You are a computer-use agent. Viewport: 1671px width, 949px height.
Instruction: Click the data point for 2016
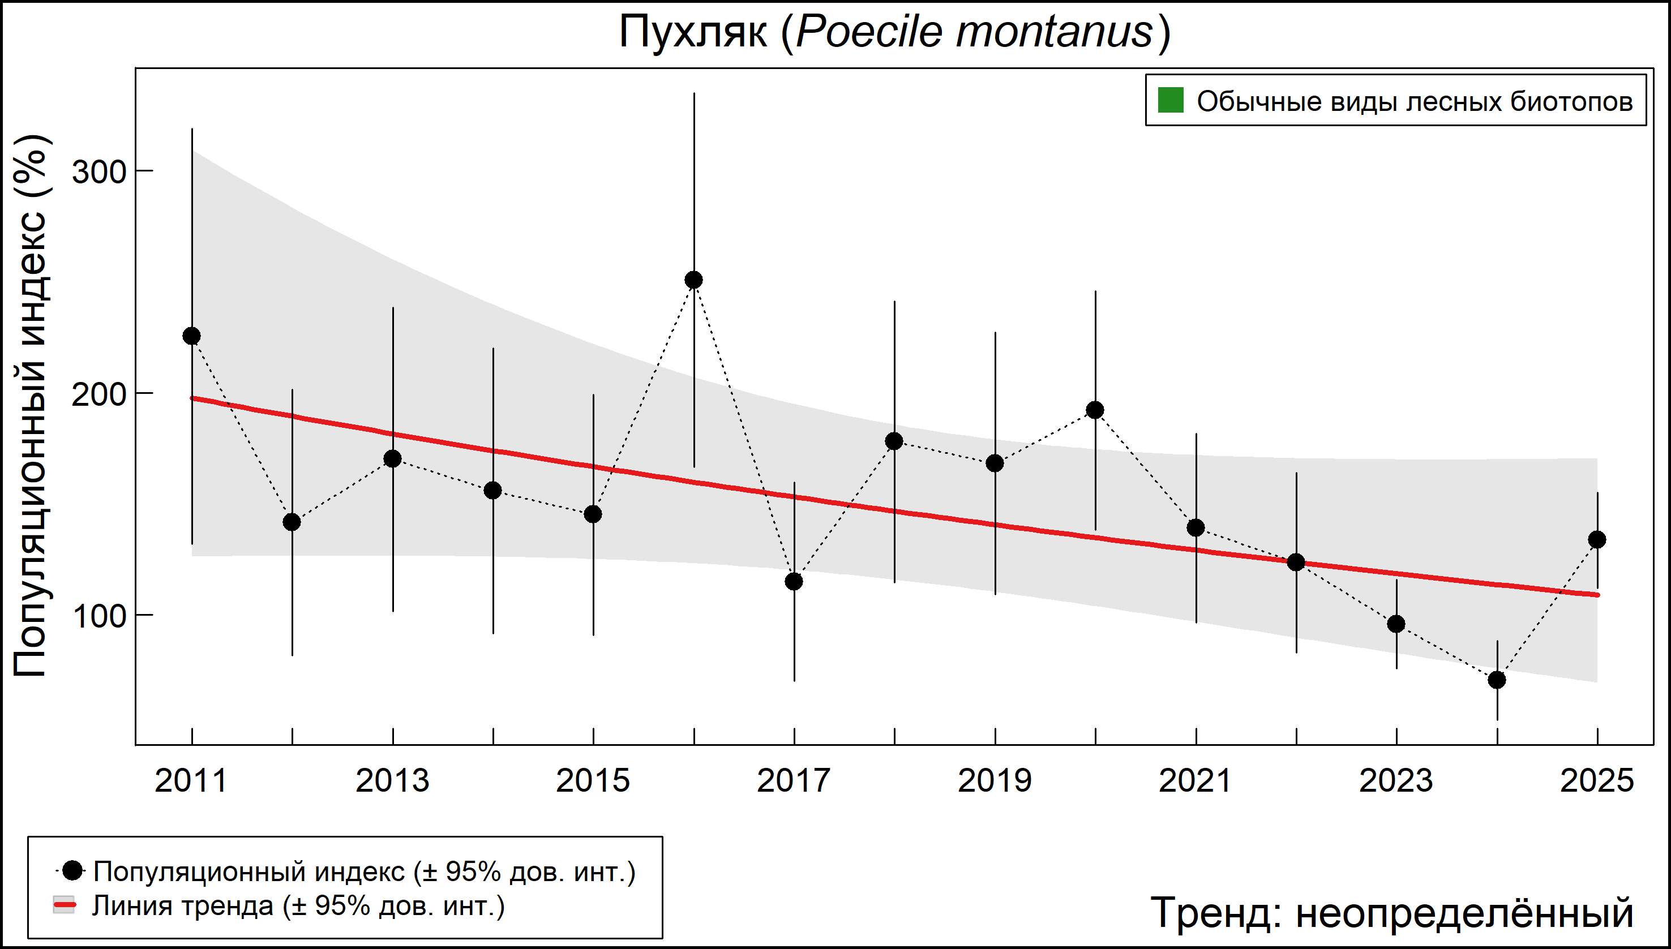(x=693, y=280)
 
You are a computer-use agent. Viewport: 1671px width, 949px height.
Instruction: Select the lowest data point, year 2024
(x=1497, y=680)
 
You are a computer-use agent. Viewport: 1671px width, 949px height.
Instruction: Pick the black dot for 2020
(x=1095, y=410)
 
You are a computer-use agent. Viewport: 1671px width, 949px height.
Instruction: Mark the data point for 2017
(x=794, y=581)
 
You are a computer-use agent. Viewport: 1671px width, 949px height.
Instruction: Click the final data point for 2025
(x=1597, y=540)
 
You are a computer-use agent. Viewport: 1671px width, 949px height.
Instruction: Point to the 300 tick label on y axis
(x=98, y=173)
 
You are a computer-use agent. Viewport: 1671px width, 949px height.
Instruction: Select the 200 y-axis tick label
(x=98, y=395)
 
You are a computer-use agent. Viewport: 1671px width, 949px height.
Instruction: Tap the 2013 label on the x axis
(x=392, y=781)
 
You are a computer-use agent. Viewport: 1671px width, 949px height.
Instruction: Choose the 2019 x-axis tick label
(x=995, y=781)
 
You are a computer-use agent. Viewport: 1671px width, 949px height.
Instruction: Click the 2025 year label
(x=1597, y=781)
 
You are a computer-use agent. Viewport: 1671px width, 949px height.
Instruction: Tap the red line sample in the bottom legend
(x=64, y=905)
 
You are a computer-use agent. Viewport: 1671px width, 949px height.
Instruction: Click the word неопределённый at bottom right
(x=1464, y=912)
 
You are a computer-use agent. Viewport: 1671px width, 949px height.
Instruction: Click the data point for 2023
(x=1396, y=624)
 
